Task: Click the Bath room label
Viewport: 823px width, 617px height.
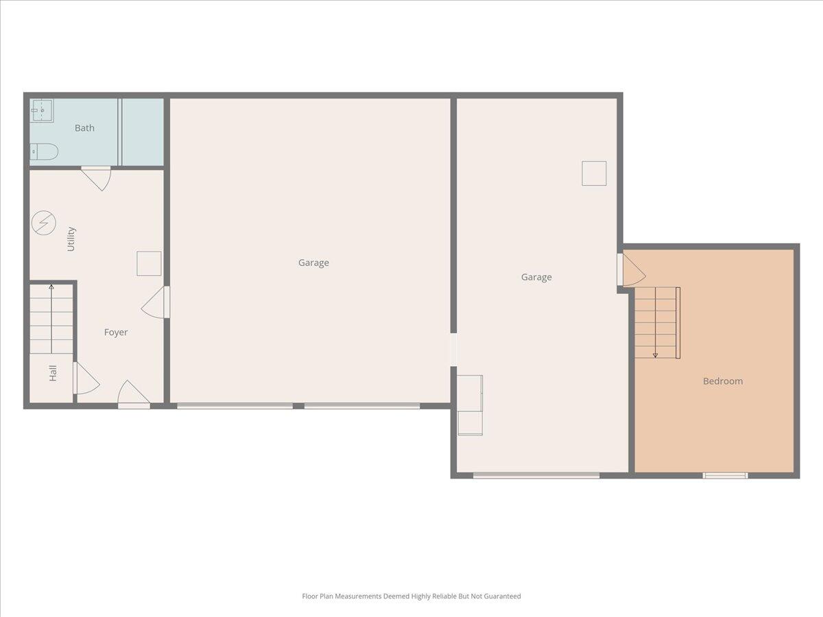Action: (84, 128)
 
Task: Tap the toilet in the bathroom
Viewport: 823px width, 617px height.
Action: (44, 152)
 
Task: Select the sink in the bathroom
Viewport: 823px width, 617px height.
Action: (42, 110)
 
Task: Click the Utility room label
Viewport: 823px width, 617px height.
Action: (71, 239)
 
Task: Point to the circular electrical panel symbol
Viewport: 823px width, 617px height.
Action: (43, 223)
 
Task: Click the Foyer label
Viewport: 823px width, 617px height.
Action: (116, 332)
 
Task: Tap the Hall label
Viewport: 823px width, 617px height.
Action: (53, 373)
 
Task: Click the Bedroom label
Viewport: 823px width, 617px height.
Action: (722, 381)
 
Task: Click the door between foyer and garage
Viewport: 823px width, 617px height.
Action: (156, 302)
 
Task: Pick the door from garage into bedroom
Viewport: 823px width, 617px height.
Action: (631, 269)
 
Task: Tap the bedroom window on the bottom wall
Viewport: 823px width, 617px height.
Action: (725, 475)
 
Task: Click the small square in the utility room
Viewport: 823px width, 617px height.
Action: (149, 263)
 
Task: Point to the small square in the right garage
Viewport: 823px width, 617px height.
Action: (594, 173)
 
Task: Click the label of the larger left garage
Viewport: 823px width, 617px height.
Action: (313, 263)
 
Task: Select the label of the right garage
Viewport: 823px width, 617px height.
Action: (536, 277)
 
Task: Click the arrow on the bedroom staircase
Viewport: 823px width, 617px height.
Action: (655, 354)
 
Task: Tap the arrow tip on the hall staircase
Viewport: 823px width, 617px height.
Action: (51, 287)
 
